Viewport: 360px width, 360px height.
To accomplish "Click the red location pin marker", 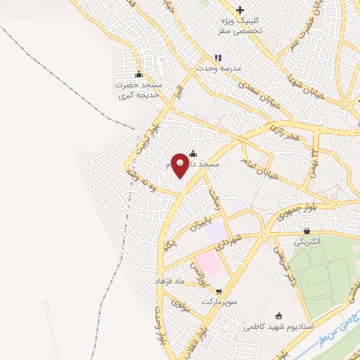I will tap(180, 165).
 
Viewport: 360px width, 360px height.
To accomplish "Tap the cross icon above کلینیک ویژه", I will tap(240, 10).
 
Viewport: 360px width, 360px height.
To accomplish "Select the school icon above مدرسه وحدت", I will tap(218, 58).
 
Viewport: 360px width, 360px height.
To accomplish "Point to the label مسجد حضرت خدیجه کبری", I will tap(139, 89).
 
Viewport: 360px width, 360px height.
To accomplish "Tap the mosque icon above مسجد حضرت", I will tap(139, 74).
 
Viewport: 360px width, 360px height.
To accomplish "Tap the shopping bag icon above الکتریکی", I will tap(307, 231).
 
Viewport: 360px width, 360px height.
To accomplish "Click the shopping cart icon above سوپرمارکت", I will tap(219, 290).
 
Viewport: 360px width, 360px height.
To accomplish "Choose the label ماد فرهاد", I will tap(169, 281).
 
